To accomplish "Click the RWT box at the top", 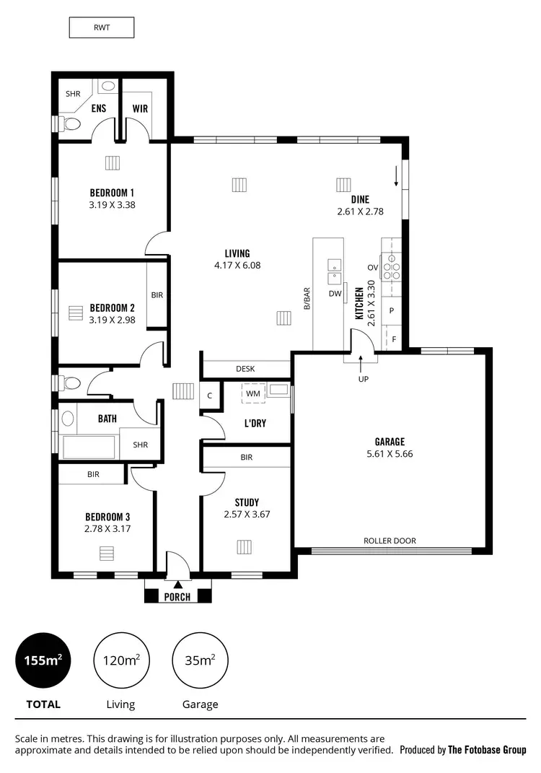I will [101, 28].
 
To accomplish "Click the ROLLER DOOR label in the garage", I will [390, 541].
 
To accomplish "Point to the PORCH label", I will [177, 597].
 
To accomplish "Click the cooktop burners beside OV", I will [391, 267].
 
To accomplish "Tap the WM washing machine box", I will [253, 393].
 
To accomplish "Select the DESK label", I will [245, 369].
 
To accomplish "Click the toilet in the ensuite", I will [71, 124].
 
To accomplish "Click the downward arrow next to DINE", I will [395, 175].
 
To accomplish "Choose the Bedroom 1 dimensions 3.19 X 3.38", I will [112, 204].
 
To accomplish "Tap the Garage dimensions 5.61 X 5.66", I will [390, 454].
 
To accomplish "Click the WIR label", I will [140, 109].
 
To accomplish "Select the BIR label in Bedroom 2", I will [157, 295].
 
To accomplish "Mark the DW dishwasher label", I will [335, 294].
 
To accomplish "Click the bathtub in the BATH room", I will [88, 447].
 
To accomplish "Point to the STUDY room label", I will [247, 502].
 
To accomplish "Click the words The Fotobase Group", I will [487, 750].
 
